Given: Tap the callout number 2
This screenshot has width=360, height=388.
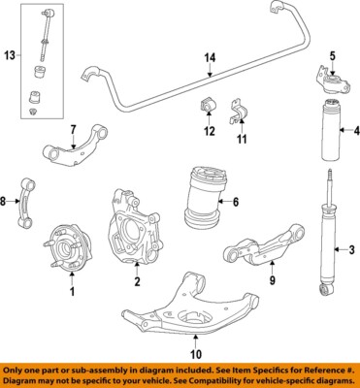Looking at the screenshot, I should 137,282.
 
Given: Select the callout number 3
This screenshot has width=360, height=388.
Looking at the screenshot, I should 351,251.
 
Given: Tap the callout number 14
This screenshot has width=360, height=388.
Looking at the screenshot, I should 208,57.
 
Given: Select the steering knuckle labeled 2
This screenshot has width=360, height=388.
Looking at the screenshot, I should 134,237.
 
